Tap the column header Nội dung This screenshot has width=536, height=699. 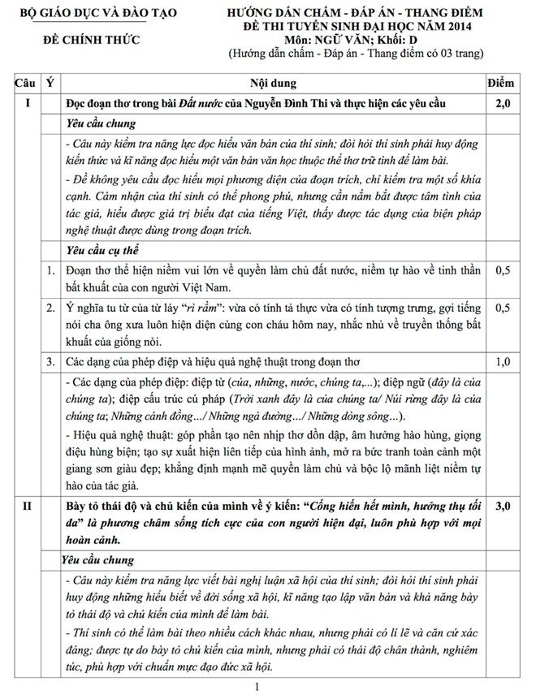(x=273, y=83)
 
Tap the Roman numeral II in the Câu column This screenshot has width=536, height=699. (x=27, y=507)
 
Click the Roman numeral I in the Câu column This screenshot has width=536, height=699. (x=27, y=104)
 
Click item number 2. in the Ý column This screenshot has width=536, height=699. (x=51, y=309)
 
